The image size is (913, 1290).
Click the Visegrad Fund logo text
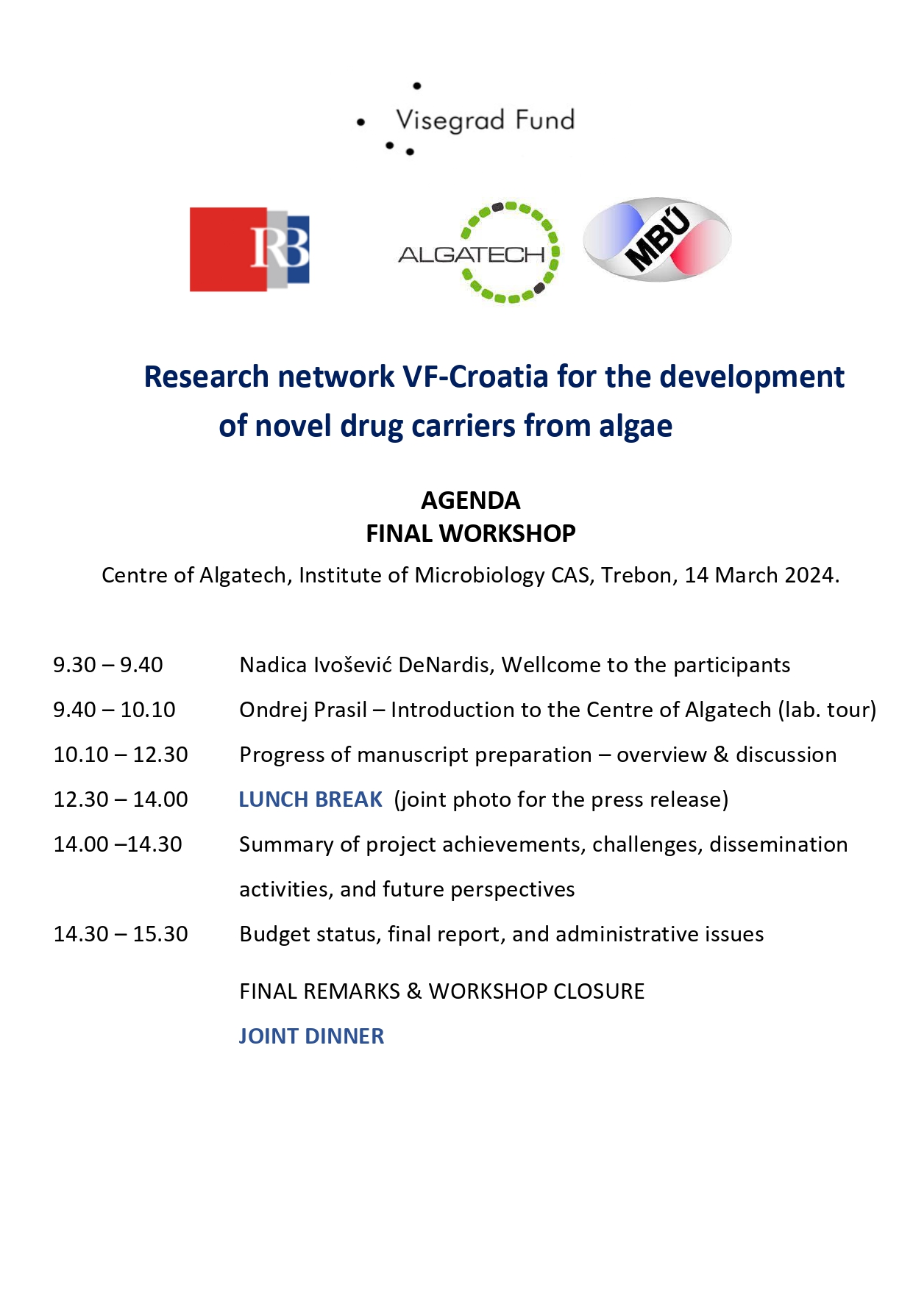[x=484, y=120]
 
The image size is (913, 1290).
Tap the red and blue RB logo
[x=249, y=249]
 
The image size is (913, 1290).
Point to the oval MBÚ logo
[x=657, y=239]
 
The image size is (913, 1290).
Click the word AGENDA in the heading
[x=470, y=500]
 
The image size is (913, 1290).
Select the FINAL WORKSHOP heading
[x=470, y=533]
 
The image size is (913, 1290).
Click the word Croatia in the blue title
[x=498, y=377]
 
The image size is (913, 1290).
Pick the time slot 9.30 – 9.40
[x=108, y=665]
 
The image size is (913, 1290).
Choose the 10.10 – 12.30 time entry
[x=121, y=755]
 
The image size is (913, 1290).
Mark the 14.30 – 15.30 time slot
[x=121, y=934]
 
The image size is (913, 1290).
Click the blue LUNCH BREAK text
[x=310, y=799]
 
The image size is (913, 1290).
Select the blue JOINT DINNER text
[x=311, y=1036]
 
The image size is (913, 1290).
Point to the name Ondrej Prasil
[x=303, y=710]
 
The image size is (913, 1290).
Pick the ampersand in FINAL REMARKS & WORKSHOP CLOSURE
[x=414, y=991]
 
